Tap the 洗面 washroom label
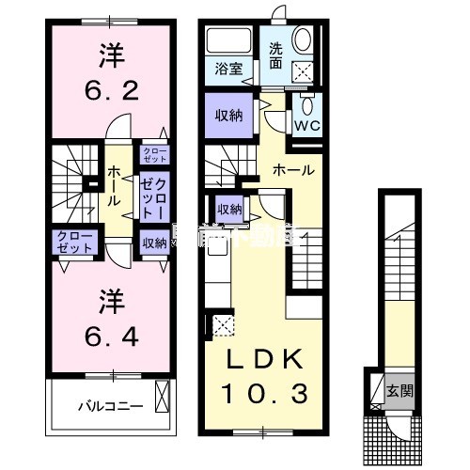click(x=276, y=55)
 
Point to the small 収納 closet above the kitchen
click(x=229, y=209)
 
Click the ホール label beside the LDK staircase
click(x=294, y=170)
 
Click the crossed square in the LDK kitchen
click(x=224, y=325)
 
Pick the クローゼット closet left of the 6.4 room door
click(x=74, y=242)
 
